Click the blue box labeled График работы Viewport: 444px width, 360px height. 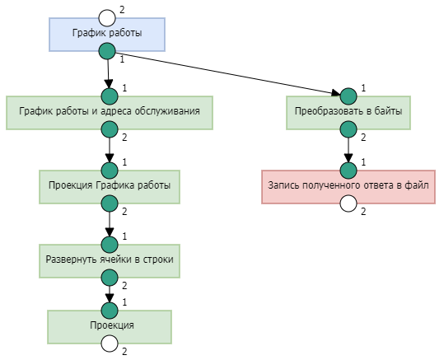click(107, 35)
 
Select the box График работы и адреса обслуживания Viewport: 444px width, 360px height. click(110, 113)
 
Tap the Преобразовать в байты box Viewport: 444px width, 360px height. click(348, 113)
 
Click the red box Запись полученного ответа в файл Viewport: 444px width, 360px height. click(348, 187)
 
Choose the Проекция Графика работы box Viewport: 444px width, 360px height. click(110, 187)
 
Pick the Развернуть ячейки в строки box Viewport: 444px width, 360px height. click(110, 261)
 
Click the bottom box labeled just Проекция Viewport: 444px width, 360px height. click(110, 327)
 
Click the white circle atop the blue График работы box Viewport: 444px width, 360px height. click(107, 18)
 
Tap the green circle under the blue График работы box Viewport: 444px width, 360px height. click(107, 51)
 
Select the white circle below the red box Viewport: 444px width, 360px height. click(348, 203)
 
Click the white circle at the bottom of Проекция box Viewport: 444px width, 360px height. click(110, 344)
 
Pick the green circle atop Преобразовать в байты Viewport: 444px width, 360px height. click(348, 96)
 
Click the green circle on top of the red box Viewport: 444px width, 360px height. click(348, 171)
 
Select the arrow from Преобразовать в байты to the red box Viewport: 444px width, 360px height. click(348, 150)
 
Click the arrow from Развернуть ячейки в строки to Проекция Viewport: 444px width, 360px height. click(110, 294)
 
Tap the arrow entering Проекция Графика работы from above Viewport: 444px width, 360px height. click(110, 150)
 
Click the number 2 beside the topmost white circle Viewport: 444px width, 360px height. click(122, 10)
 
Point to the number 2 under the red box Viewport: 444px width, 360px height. click(363, 211)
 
